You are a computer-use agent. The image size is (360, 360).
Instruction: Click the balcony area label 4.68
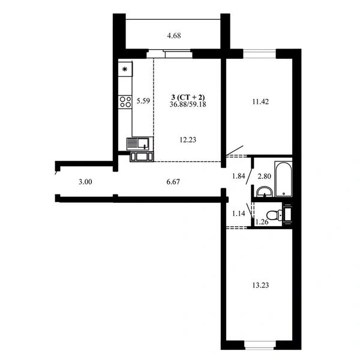click(x=174, y=36)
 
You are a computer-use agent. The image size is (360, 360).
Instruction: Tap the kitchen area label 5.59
click(x=143, y=101)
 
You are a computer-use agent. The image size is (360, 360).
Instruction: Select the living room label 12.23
click(x=188, y=140)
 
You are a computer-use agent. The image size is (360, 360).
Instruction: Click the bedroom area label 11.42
click(x=260, y=101)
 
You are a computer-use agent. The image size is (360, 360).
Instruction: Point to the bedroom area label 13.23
click(x=260, y=285)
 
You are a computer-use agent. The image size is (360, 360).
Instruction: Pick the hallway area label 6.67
click(x=173, y=182)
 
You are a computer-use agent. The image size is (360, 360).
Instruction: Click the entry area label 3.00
click(x=85, y=182)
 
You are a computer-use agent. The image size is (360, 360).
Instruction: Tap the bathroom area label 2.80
click(x=264, y=176)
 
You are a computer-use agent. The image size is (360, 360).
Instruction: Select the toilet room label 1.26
click(x=262, y=222)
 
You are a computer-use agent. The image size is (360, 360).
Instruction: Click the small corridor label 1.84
click(x=239, y=176)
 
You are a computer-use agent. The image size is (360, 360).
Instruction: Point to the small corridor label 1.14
click(x=239, y=214)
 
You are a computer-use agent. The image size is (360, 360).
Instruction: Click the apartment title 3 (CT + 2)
click(x=188, y=97)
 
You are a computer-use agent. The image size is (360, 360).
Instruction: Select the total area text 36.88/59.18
click(x=188, y=104)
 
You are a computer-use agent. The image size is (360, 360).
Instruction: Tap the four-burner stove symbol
click(x=125, y=102)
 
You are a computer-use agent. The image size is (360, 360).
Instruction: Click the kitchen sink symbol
click(x=140, y=143)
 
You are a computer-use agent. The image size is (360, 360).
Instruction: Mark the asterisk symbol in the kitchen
click(x=125, y=69)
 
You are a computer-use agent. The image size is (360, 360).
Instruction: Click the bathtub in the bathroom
click(x=284, y=179)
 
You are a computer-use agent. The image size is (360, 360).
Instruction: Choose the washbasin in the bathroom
click(x=264, y=192)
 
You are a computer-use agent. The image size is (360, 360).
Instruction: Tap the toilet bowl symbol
click(x=274, y=215)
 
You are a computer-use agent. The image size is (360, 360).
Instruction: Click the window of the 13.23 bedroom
click(x=260, y=345)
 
